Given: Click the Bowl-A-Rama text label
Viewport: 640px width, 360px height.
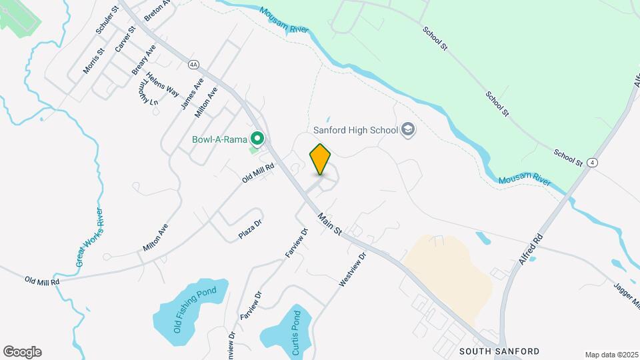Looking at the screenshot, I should [x=219, y=140].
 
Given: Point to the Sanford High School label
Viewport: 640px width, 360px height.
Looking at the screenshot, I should [x=355, y=130].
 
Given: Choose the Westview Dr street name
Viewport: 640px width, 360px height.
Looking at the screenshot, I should [x=353, y=269].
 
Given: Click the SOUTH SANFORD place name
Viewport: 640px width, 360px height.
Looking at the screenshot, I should [x=499, y=351].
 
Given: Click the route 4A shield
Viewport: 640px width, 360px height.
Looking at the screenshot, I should [x=194, y=64].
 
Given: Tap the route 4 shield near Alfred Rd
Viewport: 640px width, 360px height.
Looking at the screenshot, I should [x=593, y=162].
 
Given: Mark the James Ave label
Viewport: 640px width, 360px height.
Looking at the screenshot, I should [x=192, y=94].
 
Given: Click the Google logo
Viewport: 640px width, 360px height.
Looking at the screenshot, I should [x=22, y=352].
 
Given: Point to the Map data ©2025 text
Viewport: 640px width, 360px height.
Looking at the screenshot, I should [x=611, y=355].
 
